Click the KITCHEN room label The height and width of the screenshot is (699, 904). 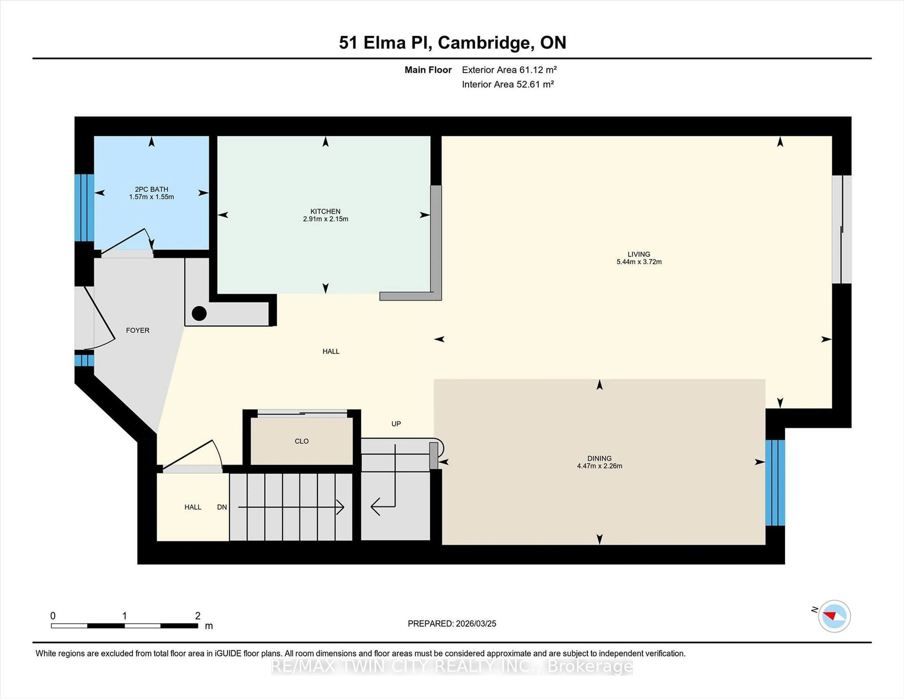click(325, 211)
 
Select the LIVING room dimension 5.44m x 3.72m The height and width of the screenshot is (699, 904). click(639, 262)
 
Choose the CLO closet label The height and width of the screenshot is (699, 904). click(301, 441)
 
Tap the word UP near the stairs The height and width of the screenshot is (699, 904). click(396, 424)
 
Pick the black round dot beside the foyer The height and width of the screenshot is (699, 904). click(199, 313)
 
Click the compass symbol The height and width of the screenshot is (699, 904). click(834, 616)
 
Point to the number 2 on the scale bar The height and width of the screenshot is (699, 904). click(198, 616)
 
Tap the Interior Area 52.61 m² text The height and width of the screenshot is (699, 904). click(508, 85)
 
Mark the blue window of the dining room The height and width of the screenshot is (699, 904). click(775, 482)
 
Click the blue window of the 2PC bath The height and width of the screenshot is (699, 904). click(84, 208)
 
